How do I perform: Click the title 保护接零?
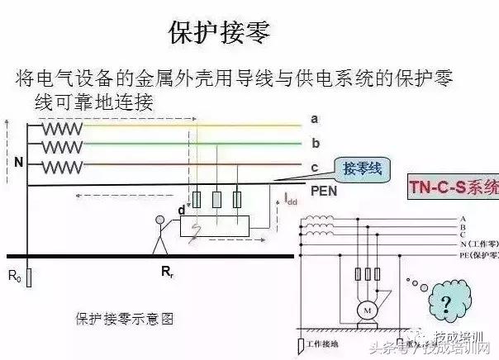pyautogui.click(x=219, y=32)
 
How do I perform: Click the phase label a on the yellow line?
pyautogui.click(x=315, y=120)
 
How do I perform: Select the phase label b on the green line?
pyautogui.click(x=316, y=144)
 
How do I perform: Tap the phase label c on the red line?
pyautogui.click(x=315, y=168)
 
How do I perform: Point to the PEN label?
pyautogui.click(x=323, y=190)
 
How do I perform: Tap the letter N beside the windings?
pyautogui.click(x=18, y=163)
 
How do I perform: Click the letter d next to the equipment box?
pyautogui.click(x=182, y=211)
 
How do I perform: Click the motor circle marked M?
pyautogui.click(x=364, y=310)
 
